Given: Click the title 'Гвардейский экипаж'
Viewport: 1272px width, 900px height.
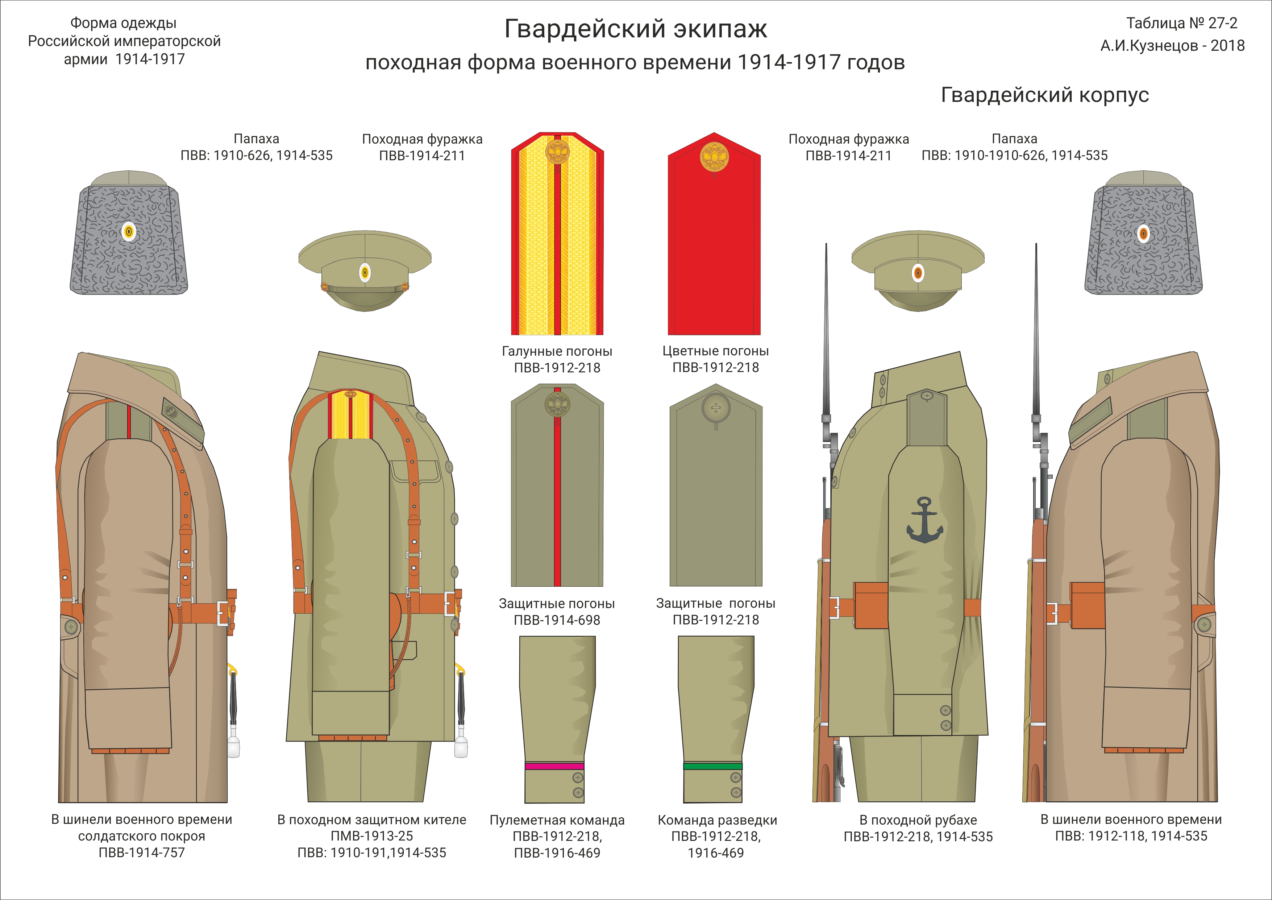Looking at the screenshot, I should point(635,29).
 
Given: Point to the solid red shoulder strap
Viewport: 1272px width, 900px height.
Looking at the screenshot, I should point(714,244).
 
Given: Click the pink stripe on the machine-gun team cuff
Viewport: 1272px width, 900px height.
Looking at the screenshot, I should point(554,767).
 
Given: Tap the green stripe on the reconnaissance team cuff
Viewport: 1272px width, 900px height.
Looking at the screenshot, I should point(712,767).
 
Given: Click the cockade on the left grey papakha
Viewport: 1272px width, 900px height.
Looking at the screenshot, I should point(129,232).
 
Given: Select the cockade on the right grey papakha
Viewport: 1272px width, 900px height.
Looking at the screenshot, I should point(1143,233).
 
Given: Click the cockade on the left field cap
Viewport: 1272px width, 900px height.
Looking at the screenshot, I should point(365,272).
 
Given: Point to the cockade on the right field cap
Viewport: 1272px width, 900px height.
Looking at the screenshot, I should point(918,272).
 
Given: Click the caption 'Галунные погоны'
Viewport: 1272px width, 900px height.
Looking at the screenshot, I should point(557,351).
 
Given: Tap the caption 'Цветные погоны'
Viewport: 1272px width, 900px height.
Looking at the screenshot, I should point(715,351).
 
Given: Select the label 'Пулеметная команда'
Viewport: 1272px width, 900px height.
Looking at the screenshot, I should point(557,820).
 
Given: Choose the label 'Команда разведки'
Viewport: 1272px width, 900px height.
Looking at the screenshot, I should point(717,820).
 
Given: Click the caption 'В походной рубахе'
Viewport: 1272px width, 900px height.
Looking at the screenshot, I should point(918,820).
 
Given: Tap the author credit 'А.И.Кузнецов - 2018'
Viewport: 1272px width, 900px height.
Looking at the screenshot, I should point(1172,45).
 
